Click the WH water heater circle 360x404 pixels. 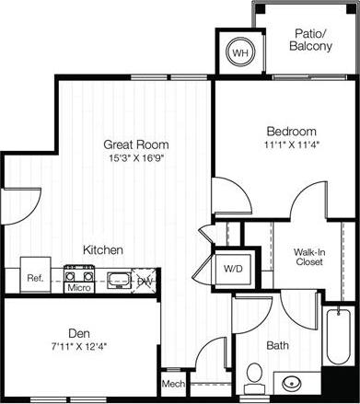coord(239,53)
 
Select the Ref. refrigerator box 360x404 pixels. coord(35,276)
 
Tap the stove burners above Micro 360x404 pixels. coord(79,274)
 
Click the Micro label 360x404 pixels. coord(78,288)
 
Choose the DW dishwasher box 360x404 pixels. coord(145,281)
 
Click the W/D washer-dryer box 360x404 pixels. coord(232,270)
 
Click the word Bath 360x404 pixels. coord(277,346)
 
